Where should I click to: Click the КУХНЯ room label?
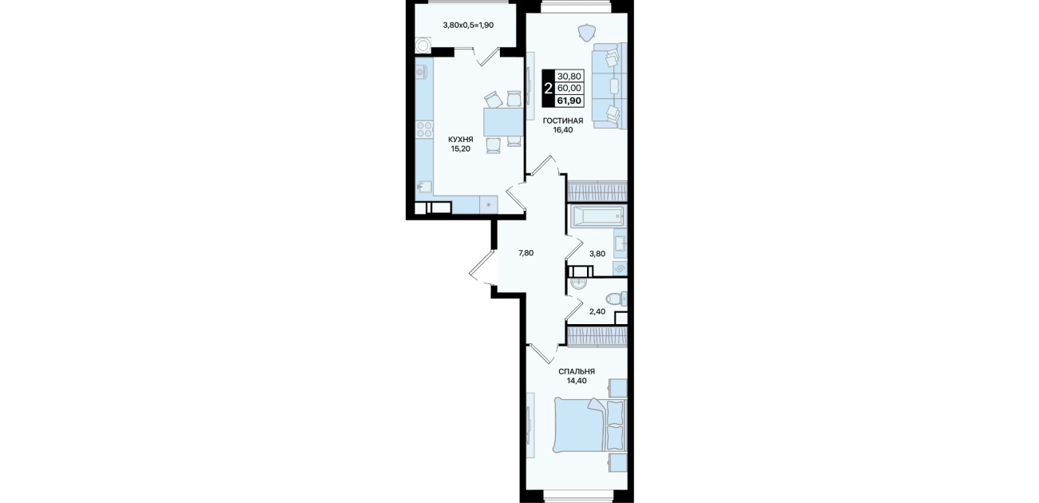click(461, 139)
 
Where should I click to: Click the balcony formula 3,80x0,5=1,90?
click(468, 25)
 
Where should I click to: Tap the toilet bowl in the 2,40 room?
click(617, 299)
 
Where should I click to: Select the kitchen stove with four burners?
click(99, 130)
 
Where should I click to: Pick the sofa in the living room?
click(609, 85)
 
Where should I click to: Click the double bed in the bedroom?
click(589, 426)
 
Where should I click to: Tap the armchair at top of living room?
click(588, 33)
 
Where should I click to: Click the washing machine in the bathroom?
click(620, 269)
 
